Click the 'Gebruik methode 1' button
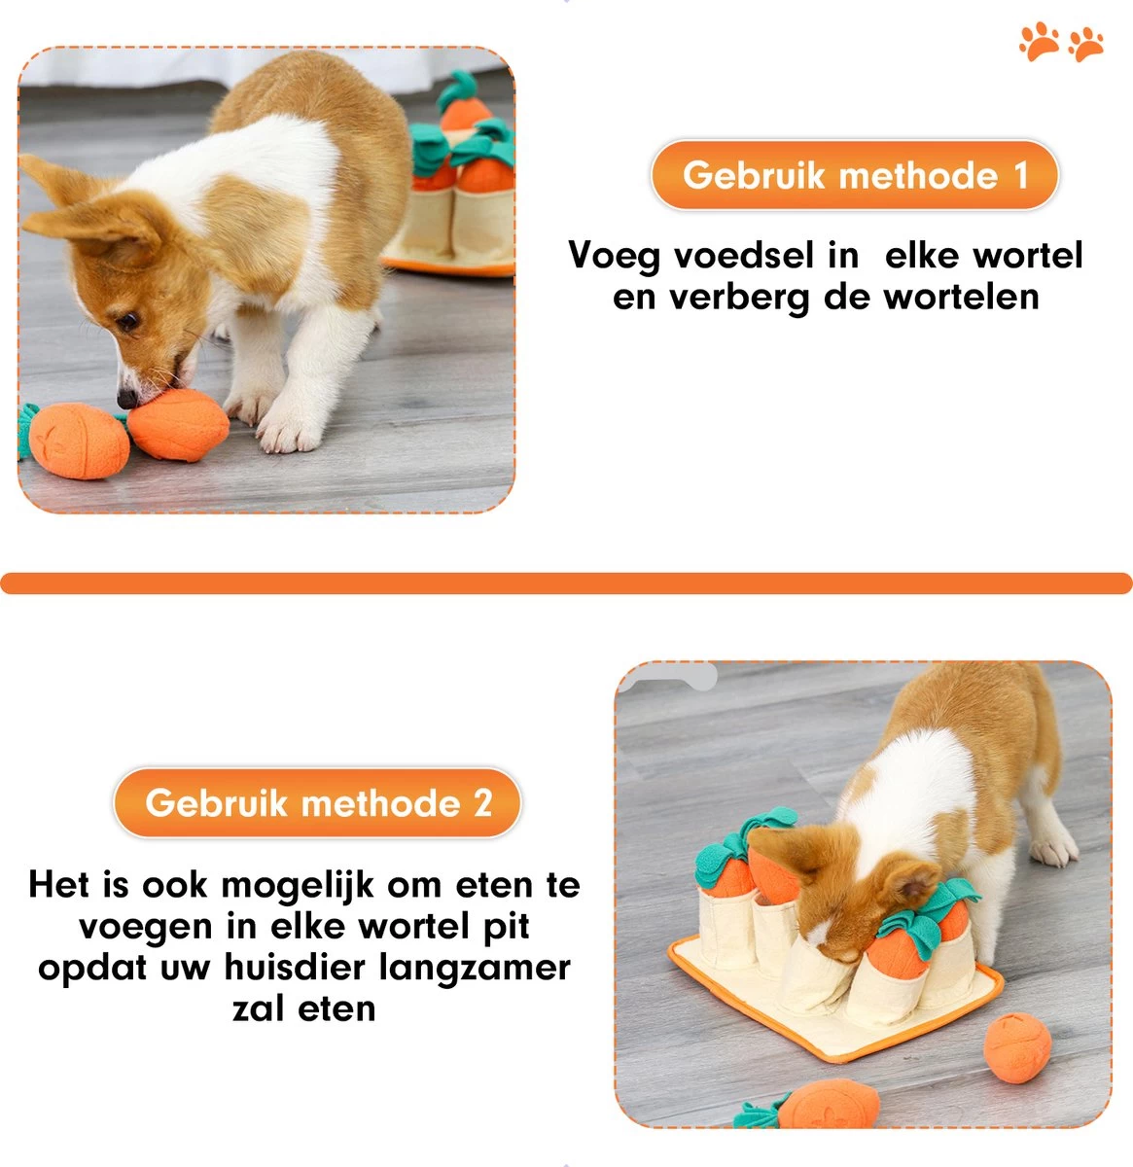(x=854, y=176)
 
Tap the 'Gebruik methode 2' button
(x=317, y=803)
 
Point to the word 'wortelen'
(x=961, y=297)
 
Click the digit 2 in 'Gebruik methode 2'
(x=482, y=803)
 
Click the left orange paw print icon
(x=1039, y=42)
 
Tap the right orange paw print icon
(x=1086, y=44)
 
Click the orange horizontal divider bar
(x=566, y=583)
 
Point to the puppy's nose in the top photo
(x=127, y=398)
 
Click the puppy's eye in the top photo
(x=126, y=320)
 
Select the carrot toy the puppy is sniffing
(x=178, y=425)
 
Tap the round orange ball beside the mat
(x=1017, y=1046)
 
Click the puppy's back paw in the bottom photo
(x=1054, y=850)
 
